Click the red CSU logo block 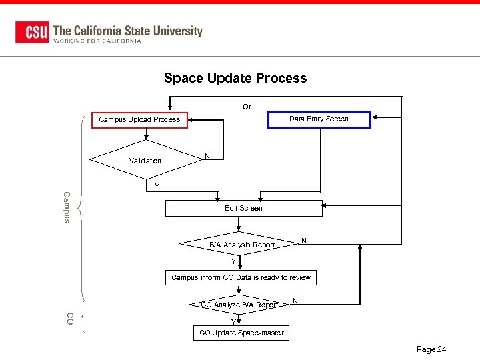pos(32,32)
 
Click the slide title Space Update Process pos(235,78)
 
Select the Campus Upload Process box pos(139,119)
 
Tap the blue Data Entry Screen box pos(319,119)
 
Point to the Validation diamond pos(145,161)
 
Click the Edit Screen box pos(243,209)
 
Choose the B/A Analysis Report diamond pos(242,245)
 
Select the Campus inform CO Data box pos(241,277)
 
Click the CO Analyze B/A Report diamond pos(240,305)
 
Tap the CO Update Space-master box pos(241,333)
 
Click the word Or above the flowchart pos(247,107)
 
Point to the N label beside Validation pos(207,156)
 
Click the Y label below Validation pos(157,186)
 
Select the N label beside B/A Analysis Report pos(304,240)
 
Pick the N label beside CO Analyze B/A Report pos(295,301)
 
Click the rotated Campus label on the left pos(66,207)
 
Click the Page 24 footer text pos(431,349)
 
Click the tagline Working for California pos(97,41)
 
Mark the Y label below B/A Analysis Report pos(234,261)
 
